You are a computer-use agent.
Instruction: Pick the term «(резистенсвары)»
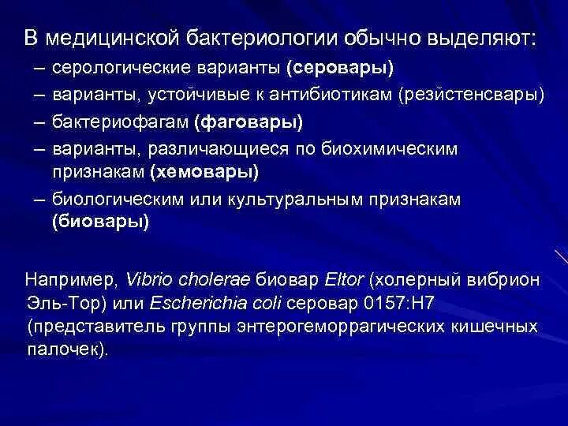[x=472, y=95]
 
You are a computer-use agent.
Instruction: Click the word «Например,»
[x=72, y=280]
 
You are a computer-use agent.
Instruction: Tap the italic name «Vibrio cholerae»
[x=188, y=280]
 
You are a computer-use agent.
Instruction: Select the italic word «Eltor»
[x=345, y=280]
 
